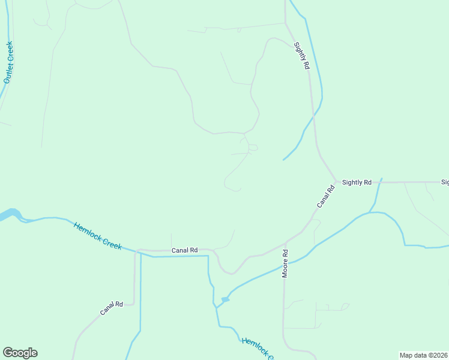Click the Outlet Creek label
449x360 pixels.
click(8, 63)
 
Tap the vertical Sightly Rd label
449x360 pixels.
click(301, 56)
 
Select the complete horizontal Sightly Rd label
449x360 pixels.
click(357, 182)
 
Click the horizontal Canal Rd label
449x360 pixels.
click(185, 250)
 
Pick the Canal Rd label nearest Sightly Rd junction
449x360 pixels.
click(325, 197)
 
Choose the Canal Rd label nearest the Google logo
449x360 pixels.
click(111, 308)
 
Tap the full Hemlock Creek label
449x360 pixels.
click(97, 236)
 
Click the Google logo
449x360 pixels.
click(20, 353)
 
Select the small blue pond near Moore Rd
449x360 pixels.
click(225, 299)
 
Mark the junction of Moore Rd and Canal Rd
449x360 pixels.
click(286, 242)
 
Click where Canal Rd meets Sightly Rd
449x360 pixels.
click(336, 181)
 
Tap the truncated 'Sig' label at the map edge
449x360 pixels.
click(445, 182)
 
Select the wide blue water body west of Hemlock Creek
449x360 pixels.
click(12, 214)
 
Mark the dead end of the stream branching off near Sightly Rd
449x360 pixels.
click(283, 160)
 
